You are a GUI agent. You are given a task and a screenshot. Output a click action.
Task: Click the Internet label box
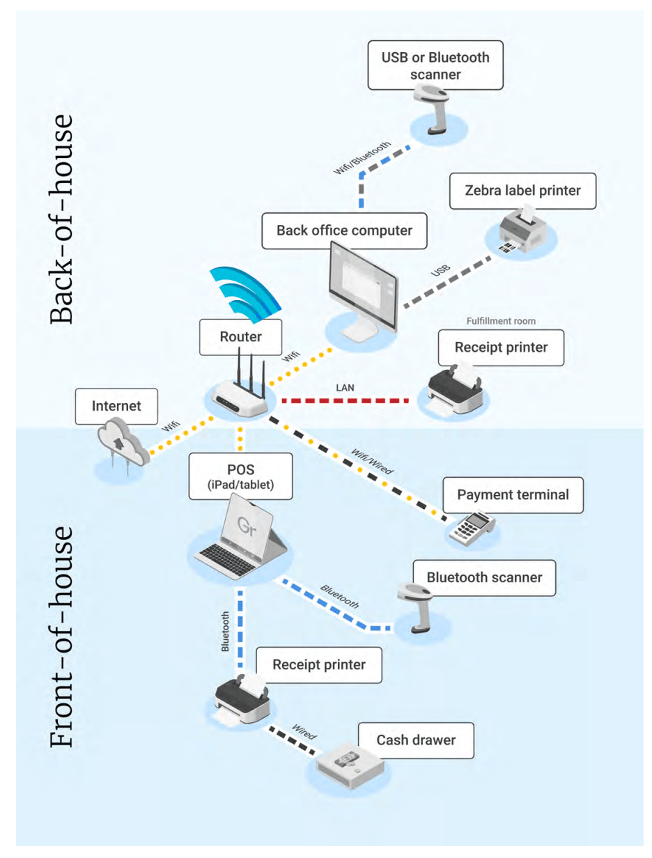click(x=117, y=406)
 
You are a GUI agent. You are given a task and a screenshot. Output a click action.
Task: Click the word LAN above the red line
click(x=343, y=386)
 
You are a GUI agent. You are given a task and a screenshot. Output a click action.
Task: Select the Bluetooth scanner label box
click(x=484, y=577)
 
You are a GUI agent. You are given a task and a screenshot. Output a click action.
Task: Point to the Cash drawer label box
click(x=417, y=740)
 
